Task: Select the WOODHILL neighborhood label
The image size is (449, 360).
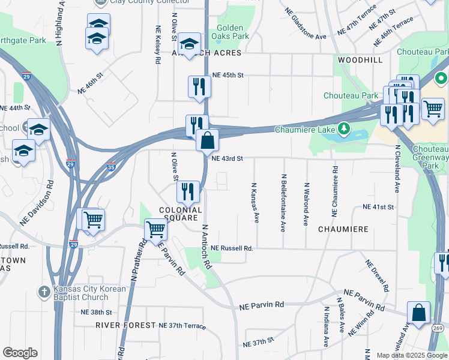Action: tap(360, 61)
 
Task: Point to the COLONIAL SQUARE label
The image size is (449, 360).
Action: tap(179, 214)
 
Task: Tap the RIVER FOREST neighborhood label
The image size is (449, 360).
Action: tap(125, 325)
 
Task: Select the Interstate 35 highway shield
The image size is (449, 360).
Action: tap(110, 167)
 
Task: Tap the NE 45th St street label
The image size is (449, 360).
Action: tap(228, 75)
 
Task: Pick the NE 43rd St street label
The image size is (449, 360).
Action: tap(227, 158)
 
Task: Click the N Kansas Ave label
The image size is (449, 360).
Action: tap(255, 203)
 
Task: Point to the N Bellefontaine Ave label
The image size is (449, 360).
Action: tap(283, 203)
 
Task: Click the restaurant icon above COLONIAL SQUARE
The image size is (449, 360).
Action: tap(188, 191)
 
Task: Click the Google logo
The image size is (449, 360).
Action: tap(20, 353)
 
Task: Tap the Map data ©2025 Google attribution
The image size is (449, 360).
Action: tap(411, 355)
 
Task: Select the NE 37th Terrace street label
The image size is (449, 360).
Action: tap(182, 326)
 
